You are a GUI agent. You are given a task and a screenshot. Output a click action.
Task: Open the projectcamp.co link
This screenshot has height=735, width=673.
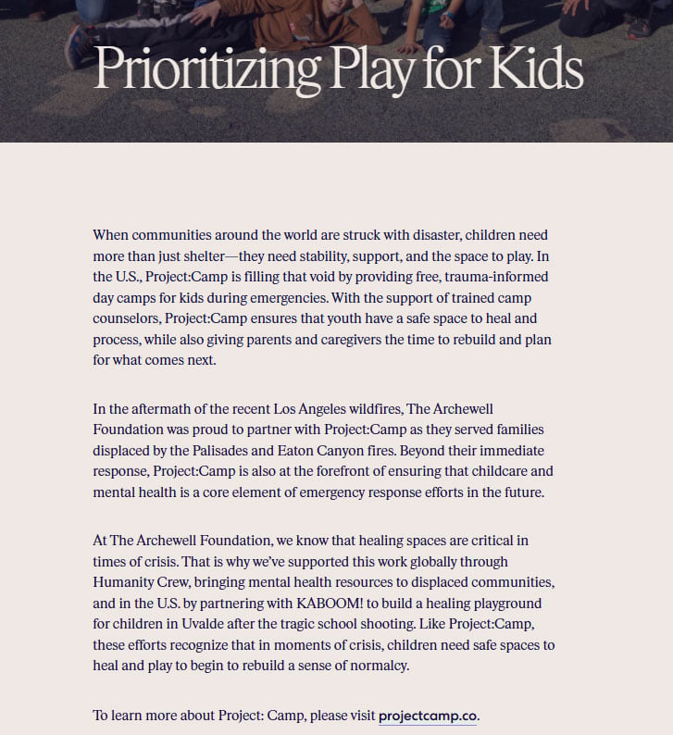click(429, 716)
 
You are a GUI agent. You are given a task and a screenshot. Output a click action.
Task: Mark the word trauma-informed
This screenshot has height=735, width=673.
click(491, 277)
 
